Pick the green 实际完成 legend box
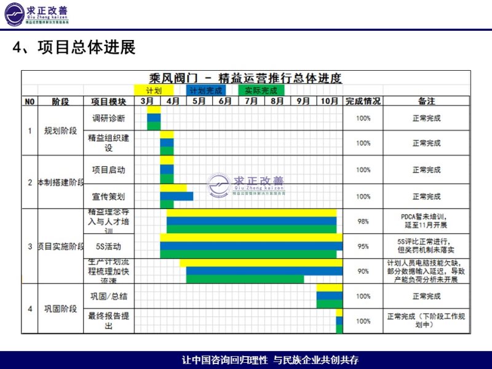click(x=261, y=90)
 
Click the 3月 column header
click(x=147, y=101)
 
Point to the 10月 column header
click(x=329, y=101)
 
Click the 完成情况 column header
click(x=363, y=101)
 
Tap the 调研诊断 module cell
click(x=108, y=118)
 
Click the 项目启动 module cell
click(x=108, y=170)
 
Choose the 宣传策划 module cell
click(x=108, y=197)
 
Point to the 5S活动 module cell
click(x=108, y=247)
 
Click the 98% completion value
click(x=363, y=221)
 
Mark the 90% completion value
click(x=363, y=271)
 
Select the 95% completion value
click(x=363, y=247)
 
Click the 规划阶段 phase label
click(x=60, y=130)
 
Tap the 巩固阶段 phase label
click(x=60, y=309)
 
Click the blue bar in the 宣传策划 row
click(x=177, y=196)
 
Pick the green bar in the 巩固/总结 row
click(x=329, y=304)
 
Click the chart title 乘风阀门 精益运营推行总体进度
click(x=245, y=78)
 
